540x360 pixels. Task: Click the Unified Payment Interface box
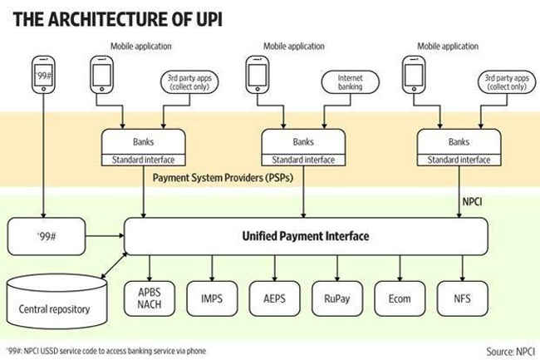click(x=306, y=236)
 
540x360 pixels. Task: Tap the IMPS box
click(x=212, y=298)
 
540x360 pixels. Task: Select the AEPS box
click(x=274, y=298)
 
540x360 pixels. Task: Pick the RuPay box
click(x=337, y=298)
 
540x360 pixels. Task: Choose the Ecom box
click(x=400, y=298)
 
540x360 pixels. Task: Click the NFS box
click(x=463, y=298)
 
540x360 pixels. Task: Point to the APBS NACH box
click(x=150, y=298)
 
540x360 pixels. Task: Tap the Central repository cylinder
click(x=56, y=302)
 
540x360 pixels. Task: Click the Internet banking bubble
click(x=351, y=82)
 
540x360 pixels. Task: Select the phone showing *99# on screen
click(x=43, y=75)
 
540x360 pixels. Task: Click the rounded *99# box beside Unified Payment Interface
click(x=47, y=236)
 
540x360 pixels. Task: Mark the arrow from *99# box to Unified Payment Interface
click(x=105, y=236)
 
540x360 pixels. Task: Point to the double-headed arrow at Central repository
click(x=114, y=265)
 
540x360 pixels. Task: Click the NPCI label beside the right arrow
click(x=472, y=201)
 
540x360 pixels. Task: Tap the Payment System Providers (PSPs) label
click(x=223, y=178)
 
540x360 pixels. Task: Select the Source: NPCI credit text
click(x=510, y=352)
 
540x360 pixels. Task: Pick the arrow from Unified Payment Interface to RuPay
click(x=337, y=269)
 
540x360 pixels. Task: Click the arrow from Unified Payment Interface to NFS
click(x=463, y=269)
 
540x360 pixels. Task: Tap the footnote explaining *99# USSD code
click(x=106, y=351)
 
